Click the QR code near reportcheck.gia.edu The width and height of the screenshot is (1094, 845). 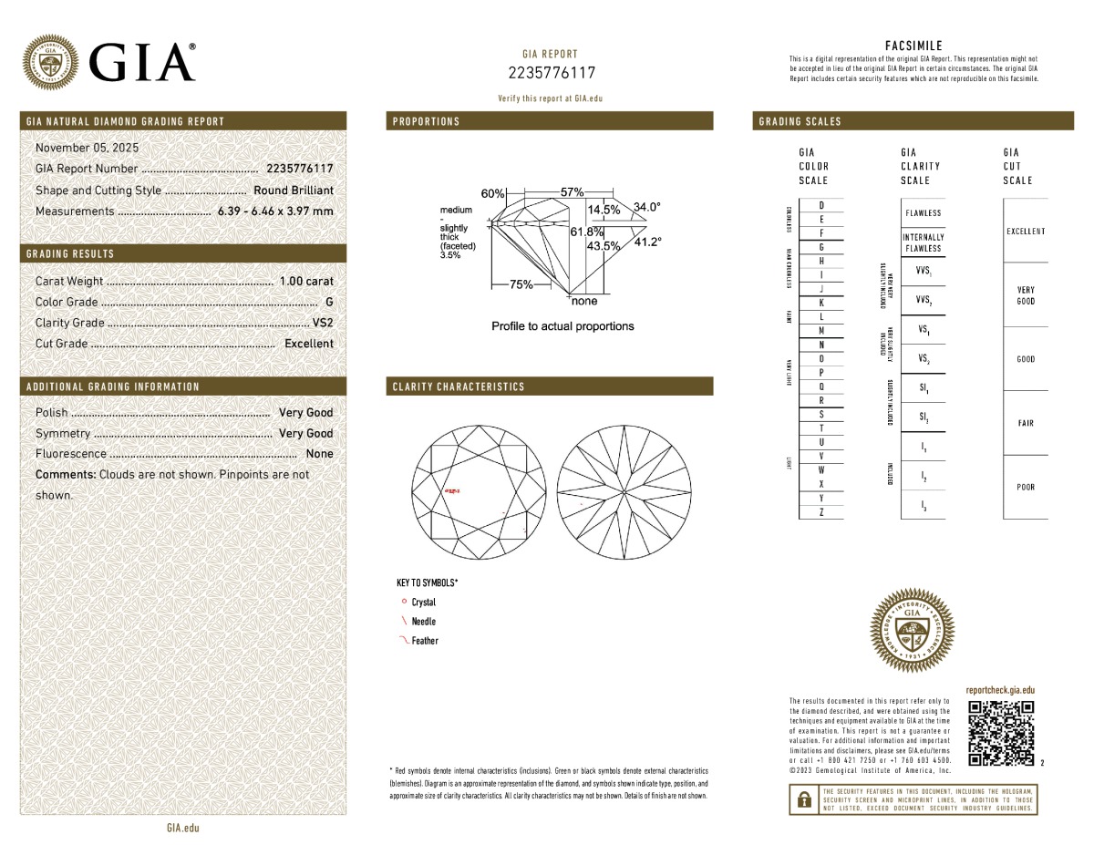coord(1001,733)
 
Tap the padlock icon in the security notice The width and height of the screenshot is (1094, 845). coord(804,800)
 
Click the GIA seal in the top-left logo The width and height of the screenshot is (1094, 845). coord(50,62)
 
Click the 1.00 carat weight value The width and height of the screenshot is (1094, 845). coord(306,282)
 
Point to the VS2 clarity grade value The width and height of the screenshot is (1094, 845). coord(323,323)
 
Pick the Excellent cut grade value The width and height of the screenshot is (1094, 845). coord(308,344)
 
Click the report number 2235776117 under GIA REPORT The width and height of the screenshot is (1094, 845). coord(551,73)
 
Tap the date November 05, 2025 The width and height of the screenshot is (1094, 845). coord(88,148)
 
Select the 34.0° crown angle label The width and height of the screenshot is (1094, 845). coord(646,207)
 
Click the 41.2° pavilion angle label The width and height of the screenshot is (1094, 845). coord(647,242)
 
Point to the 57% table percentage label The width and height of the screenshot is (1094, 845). coord(572,192)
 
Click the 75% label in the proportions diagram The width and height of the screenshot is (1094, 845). coord(521,284)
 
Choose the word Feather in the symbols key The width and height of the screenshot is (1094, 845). coord(425,641)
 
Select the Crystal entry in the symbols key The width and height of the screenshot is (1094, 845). coord(424,603)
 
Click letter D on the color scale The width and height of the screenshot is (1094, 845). coord(821,205)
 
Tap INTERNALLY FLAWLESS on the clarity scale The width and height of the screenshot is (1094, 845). coord(923,242)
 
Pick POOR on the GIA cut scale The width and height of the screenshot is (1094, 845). coord(1026,487)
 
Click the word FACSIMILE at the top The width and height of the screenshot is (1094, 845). coord(913,46)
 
